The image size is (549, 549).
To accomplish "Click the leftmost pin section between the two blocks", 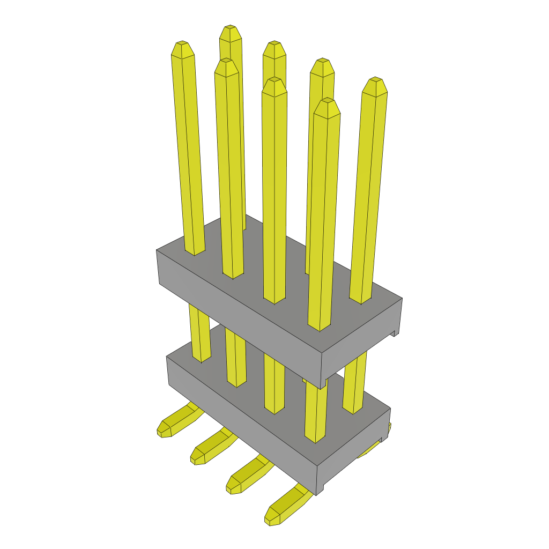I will [x=199, y=332].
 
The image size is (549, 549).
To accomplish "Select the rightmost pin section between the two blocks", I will [x=354, y=386].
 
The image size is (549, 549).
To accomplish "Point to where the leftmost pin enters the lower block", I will [x=202, y=359].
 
